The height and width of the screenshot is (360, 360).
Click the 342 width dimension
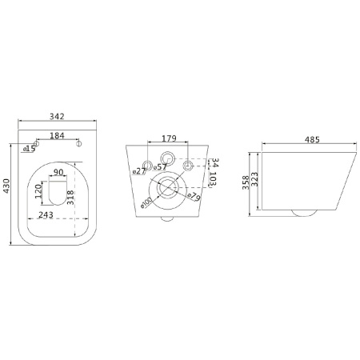coord(57,117)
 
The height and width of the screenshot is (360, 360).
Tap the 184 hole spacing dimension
coord(57,135)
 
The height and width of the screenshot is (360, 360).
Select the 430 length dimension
coord(6,186)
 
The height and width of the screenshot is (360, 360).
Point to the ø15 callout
coord(30,149)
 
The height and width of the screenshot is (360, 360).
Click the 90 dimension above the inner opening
coord(58,172)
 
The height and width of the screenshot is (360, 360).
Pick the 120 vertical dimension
coord(38,191)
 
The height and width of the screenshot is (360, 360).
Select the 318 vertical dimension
coord(70,198)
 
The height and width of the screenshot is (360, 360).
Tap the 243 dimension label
coord(46,214)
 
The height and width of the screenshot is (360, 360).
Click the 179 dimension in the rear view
coord(169,138)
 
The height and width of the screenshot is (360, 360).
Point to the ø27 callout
coord(139,171)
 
